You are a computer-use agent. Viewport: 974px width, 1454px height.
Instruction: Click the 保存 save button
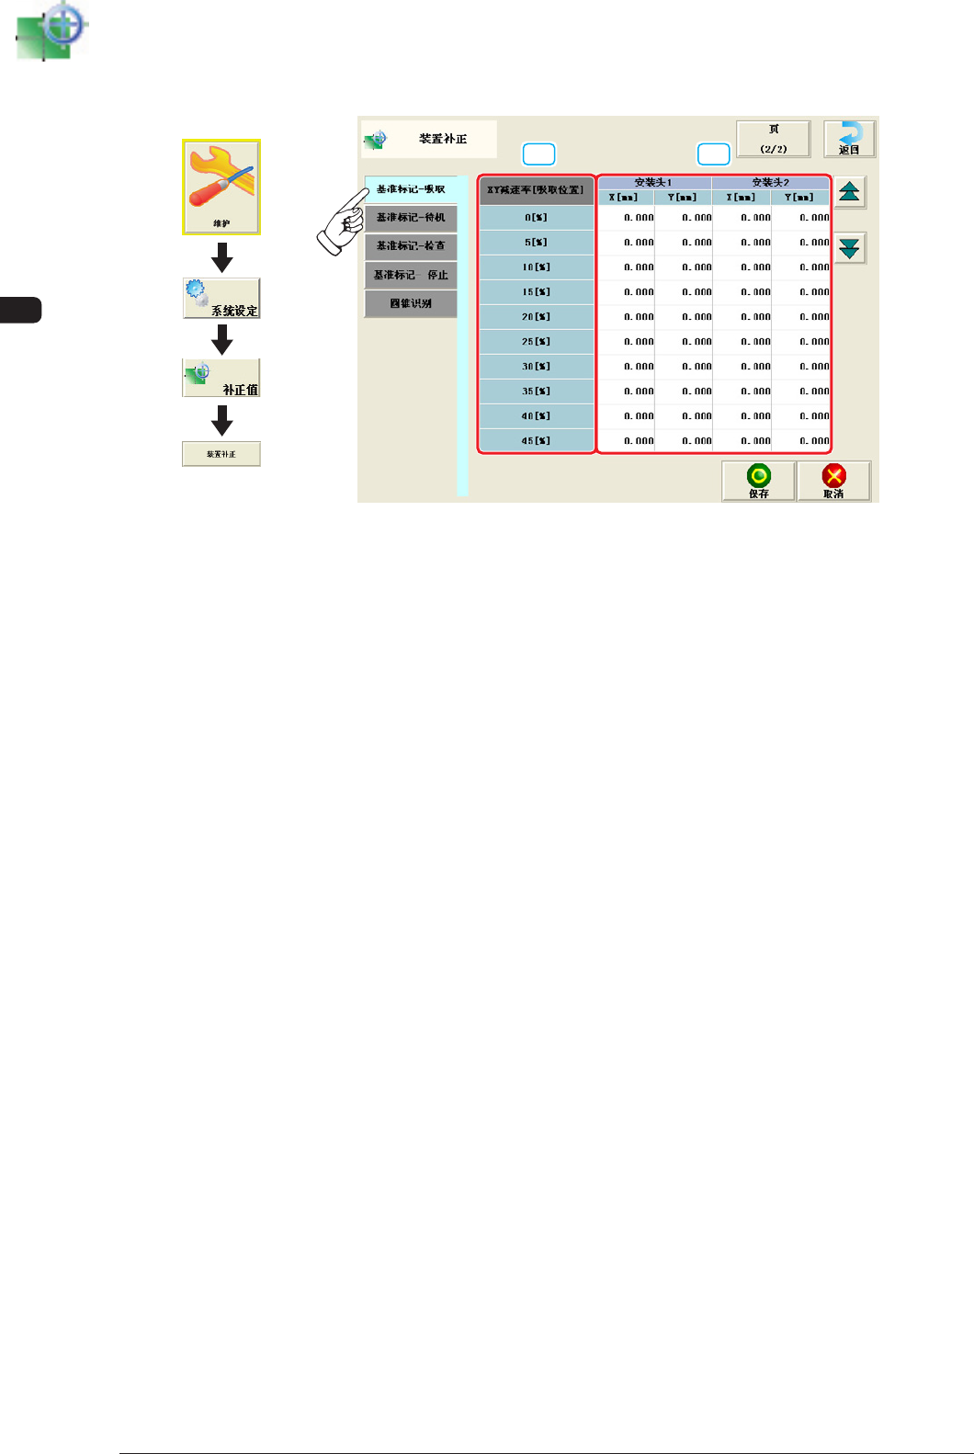(758, 481)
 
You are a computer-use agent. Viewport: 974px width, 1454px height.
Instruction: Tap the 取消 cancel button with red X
(833, 481)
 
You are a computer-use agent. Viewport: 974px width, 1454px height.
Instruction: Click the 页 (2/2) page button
(774, 139)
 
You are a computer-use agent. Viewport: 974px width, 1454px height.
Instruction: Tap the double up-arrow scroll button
(850, 192)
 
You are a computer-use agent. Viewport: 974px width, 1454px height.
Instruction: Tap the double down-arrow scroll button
(850, 247)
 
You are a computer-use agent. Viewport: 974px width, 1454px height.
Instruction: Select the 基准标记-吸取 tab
(411, 189)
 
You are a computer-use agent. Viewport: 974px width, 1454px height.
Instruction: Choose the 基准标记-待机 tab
(411, 218)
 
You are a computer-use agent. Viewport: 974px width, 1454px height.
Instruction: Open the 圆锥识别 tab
(411, 303)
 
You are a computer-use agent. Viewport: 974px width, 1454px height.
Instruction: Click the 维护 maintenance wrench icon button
(221, 187)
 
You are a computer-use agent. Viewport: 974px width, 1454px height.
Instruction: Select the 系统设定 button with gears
(221, 299)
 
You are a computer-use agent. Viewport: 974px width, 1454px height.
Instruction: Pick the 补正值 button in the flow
(221, 378)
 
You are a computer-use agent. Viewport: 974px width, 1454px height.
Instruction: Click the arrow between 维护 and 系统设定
(221, 257)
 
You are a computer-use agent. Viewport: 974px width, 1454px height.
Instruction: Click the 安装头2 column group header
(770, 183)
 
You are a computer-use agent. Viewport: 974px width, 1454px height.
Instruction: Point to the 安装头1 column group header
(653, 183)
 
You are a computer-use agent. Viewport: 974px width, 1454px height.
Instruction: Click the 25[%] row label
(536, 342)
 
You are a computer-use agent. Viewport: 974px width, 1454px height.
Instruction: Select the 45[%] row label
(536, 441)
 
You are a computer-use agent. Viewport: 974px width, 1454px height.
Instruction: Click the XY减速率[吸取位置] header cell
(536, 190)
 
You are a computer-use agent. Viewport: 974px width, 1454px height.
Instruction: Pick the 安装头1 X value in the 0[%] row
(628, 218)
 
